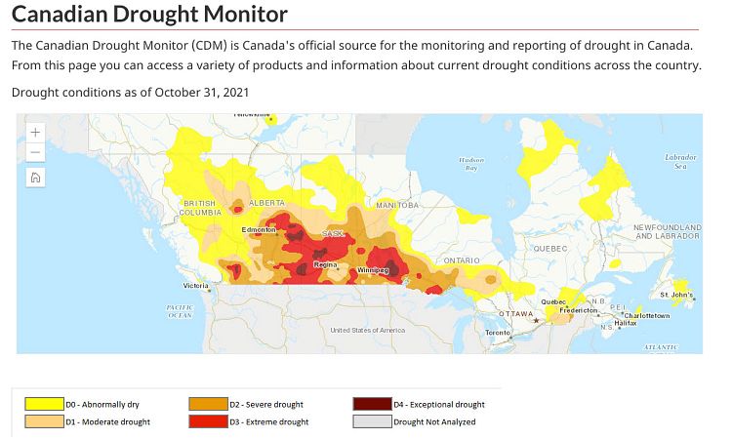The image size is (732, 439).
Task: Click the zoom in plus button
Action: tap(35, 132)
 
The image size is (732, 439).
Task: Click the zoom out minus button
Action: tap(35, 152)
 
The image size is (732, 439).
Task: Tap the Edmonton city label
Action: tap(260, 230)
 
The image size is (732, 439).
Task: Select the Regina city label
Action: tap(325, 264)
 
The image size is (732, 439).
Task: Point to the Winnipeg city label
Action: tap(373, 269)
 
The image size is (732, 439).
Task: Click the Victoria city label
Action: tap(195, 286)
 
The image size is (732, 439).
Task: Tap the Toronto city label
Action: tap(498, 333)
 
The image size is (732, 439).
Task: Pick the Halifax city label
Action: tap(626, 323)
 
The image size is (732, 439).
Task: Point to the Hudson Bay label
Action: tap(471, 163)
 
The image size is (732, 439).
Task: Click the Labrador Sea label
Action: tap(680, 161)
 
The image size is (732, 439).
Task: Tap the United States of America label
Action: tap(367, 330)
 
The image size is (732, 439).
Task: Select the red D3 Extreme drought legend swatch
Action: tap(207, 421)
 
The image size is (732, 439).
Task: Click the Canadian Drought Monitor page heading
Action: tap(150, 15)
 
